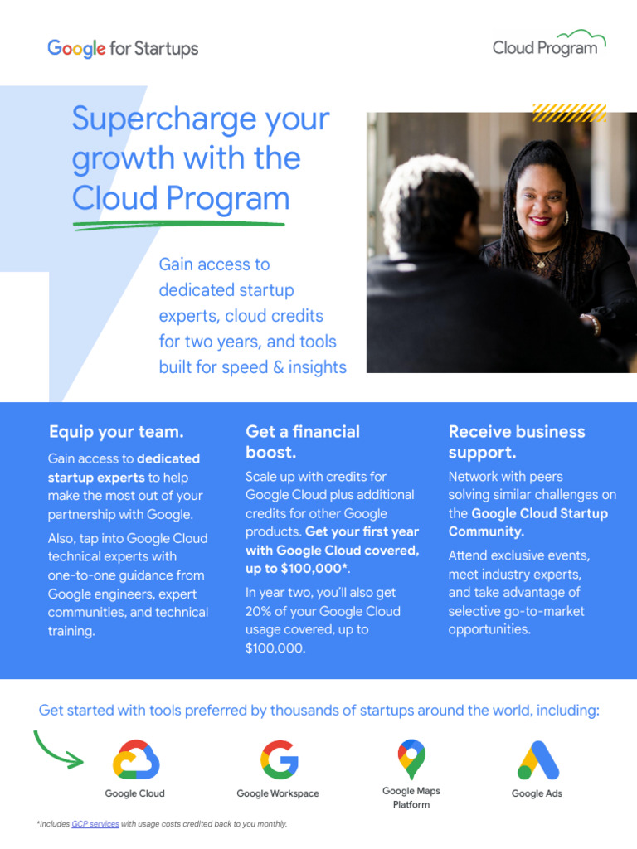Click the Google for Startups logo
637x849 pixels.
click(x=123, y=48)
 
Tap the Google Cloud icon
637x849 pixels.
click(x=135, y=759)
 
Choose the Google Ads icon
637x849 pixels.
click(x=537, y=759)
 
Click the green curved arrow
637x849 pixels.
click(x=58, y=750)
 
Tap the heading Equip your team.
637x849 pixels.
click(x=116, y=432)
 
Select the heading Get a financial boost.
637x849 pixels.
click(x=302, y=442)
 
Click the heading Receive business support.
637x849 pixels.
click(x=516, y=442)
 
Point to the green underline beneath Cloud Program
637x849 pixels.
click(x=178, y=223)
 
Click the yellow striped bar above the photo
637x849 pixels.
click(x=569, y=113)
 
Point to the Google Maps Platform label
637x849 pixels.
click(x=411, y=798)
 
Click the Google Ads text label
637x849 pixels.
click(x=537, y=793)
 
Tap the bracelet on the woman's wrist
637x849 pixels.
click(x=592, y=321)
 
